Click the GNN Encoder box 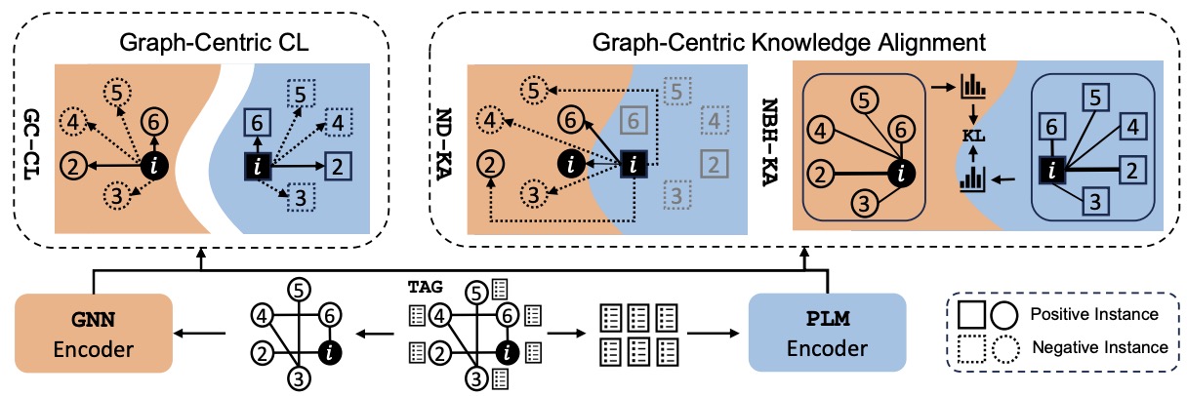point(94,333)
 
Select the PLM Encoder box point(827,332)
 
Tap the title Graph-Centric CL point(214,42)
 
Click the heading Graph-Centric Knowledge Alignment point(789,42)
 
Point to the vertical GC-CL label point(32,144)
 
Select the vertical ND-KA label point(443,144)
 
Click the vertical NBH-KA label point(769,141)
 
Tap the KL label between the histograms point(973,136)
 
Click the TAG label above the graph point(425,287)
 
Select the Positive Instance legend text point(1094,314)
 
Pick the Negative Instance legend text point(1100,348)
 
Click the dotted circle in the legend point(1005,349)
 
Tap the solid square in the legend point(971,315)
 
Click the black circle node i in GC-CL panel point(154,166)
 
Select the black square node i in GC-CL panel point(258,167)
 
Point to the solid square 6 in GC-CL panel point(257,123)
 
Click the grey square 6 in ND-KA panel point(634,121)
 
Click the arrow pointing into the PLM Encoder point(713,334)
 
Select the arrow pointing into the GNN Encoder point(200,334)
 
